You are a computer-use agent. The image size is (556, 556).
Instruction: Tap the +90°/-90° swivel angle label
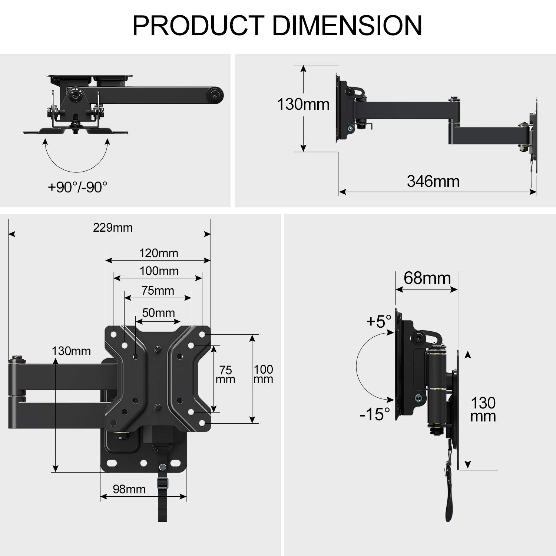coord(77,187)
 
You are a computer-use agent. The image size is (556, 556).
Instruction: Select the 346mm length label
coord(433,181)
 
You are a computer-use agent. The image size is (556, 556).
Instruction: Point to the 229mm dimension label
coord(113,227)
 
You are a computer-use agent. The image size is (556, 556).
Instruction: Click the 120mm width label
coord(159,253)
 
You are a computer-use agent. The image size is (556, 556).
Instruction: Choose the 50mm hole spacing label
coord(158,312)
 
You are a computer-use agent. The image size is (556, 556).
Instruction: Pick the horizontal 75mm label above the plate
coord(158,291)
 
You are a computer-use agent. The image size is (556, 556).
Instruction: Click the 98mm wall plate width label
coord(129,489)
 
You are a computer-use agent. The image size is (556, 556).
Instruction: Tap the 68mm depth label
coord(427,278)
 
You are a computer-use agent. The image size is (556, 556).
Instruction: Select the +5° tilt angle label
coord(379,321)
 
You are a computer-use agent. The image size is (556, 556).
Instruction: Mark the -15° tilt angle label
coord(375,414)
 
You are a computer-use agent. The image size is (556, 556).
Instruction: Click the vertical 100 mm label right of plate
coord(263,374)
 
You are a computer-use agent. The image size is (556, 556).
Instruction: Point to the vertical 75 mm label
coord(225,375)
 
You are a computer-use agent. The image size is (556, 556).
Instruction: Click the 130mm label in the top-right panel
coord(303,104)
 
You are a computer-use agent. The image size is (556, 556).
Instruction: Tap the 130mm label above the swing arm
coord(71,351)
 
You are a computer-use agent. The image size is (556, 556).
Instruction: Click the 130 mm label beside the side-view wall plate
coord(483,409)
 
